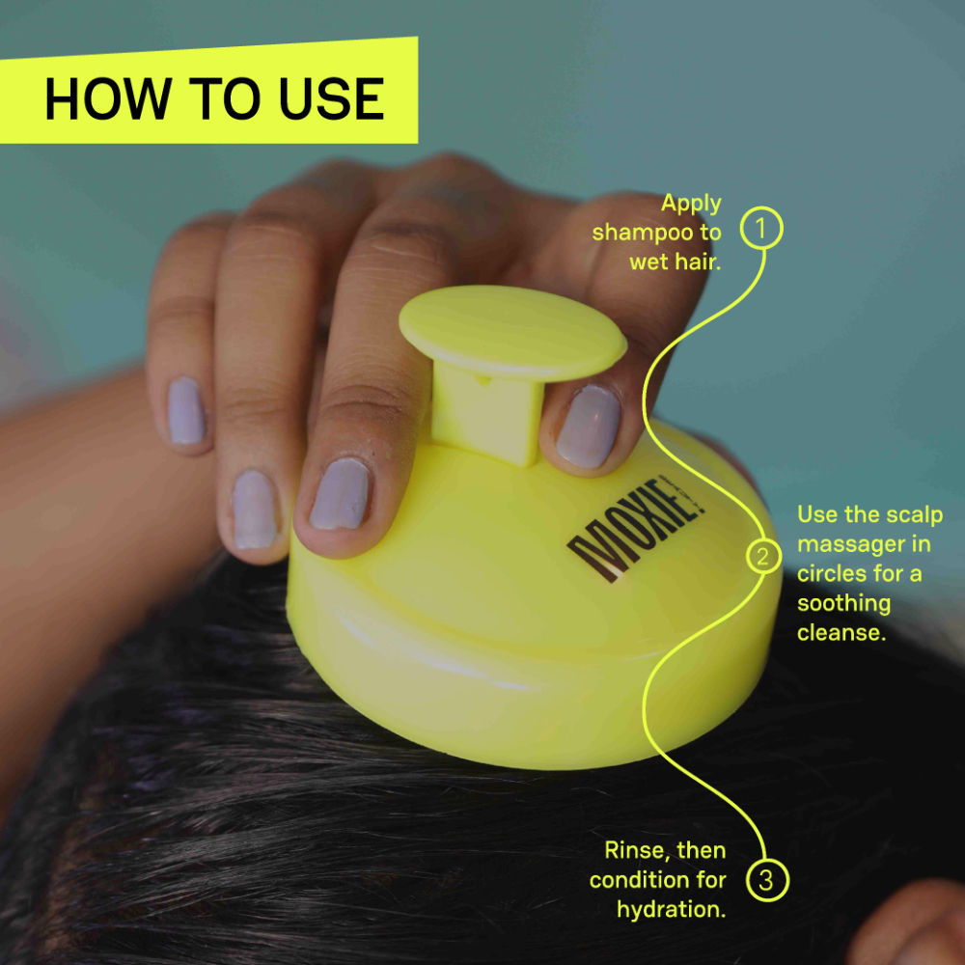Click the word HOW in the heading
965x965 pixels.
click(x=107, y=99)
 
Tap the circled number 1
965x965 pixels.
click(x=761, y=230)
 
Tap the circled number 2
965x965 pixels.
click(x=762, y=557)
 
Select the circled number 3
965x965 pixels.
click(x=766, y=880)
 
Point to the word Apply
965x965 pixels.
click(x=691, y=204)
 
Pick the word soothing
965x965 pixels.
click(x=843, y=604)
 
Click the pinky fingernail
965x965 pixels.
click(x=185, y=411)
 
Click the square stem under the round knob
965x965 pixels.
click(x=486, y=406)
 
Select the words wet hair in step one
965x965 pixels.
click(x=675, y=261)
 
